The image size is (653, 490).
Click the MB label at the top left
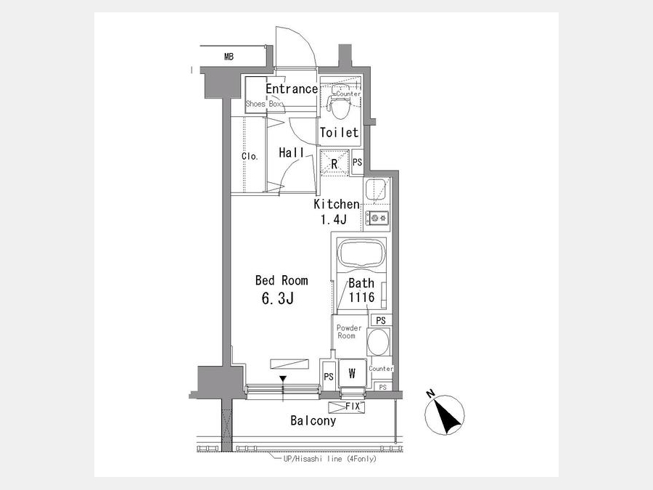[229, 57]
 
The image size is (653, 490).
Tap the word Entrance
[292, 89]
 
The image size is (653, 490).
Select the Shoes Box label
[263, 104]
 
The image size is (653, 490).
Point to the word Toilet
[339, 133]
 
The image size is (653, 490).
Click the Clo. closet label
[250, 156]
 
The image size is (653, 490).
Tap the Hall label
[291, 152]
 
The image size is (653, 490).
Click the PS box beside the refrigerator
[357, 162]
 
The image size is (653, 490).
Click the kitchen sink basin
[376, 189]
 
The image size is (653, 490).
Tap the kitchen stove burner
[377, 218]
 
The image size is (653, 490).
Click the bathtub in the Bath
[361, 253]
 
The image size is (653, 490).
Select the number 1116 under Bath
[361, 298]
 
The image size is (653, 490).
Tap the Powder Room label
[348, 332]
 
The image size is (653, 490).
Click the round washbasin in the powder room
[378, 342]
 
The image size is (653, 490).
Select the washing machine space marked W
[352, 373]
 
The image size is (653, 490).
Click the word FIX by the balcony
[353, 407]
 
